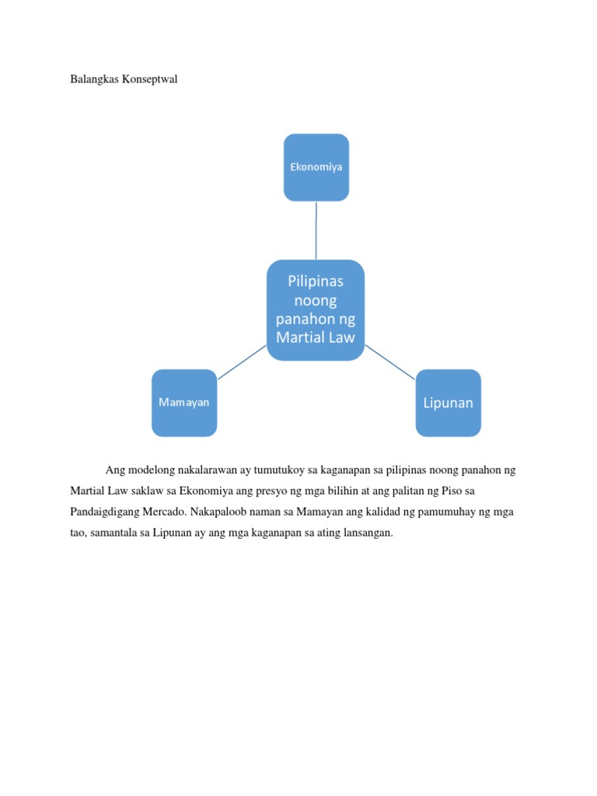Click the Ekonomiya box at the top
[316, 167]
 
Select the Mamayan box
[184, 403]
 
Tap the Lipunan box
[448, 403]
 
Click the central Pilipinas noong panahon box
[316, 309]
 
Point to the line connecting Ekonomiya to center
[316, 230]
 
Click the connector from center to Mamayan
[242, 362]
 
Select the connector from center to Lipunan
[390, 362]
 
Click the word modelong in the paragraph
[150, 471]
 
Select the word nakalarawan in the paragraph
[204, 471]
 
